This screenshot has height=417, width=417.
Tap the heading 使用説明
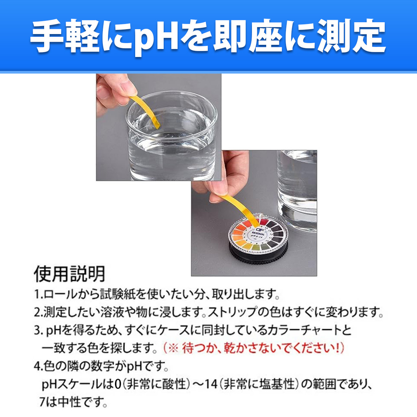tap(69, 274)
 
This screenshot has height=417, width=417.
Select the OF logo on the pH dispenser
tap(260, 229)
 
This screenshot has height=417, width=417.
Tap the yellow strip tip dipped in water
tap(156, 123)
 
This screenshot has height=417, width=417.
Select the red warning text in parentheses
tap(253, 348)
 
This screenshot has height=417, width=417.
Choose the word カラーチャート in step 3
tap(302, 330)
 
